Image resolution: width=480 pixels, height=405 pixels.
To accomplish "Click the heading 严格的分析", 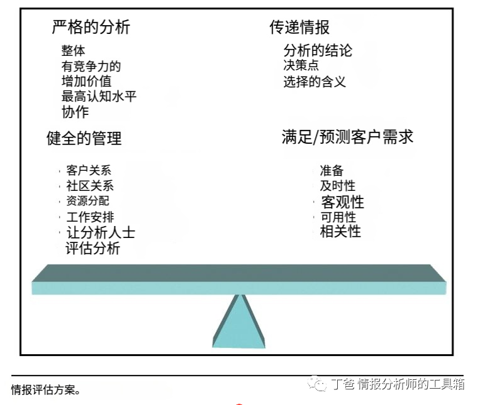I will coord(91,27).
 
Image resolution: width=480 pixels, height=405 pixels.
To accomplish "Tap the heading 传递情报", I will coord(299,27).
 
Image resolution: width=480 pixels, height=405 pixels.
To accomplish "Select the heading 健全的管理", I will coord(84,138).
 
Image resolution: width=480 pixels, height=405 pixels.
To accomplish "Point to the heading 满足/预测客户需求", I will coord(347,137).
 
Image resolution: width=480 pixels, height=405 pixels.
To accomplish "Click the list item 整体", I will coord(73,51).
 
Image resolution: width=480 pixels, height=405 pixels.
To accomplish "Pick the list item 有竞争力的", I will coord(91,66).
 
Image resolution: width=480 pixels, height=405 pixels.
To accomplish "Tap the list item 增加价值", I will coord(86,81).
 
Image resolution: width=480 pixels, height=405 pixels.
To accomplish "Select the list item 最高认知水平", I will coord(99,96).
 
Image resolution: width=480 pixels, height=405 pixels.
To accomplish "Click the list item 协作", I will coord(75,112).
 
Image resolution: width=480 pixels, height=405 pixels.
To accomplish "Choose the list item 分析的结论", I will coord(318,50).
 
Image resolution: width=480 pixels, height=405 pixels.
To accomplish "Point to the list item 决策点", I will coord(301,65).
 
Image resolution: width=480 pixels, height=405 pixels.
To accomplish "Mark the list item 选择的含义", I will coord(314,81).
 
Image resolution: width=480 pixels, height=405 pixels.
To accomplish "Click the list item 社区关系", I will coord(90,186).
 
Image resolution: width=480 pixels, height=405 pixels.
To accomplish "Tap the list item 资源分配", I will coord(87,201).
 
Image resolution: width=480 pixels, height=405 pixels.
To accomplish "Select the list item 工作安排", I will coord(90,217).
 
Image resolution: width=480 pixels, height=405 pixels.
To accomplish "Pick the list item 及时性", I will coord(337,185).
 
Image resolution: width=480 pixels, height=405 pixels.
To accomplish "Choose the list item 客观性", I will coord(342,202).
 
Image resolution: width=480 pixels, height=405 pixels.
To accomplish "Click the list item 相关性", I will coord(340,231).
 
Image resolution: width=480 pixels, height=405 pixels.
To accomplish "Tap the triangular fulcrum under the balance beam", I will coord(238,323).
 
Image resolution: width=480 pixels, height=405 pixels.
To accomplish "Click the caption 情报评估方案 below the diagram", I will coord(45,390).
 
